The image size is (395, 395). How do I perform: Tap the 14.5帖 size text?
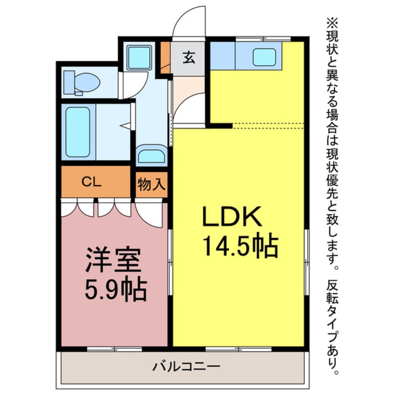click(x=240, y=246)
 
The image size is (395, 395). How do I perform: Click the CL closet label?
click(x=92, y=182)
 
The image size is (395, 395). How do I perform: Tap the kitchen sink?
click(x=264, y=57)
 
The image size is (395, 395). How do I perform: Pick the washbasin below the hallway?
click(x=151, y=155)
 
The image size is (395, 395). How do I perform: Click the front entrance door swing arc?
click(x=189, y=21)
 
